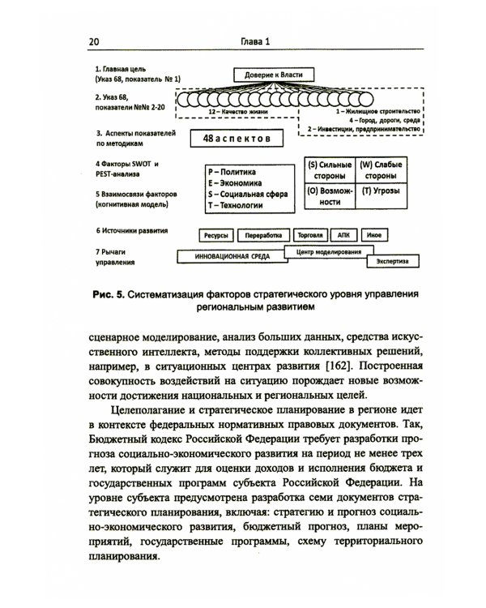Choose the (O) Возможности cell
pyautogui.click(x=329, y=198)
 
